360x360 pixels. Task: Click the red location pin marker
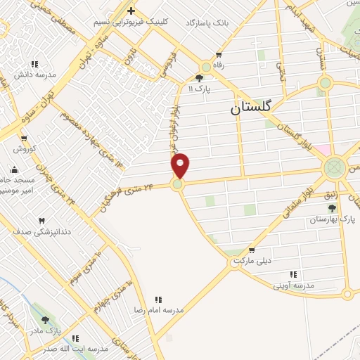point(181,165)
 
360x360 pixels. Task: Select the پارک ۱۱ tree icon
point(200,78)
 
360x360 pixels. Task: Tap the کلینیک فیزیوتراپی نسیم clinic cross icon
point(131,11)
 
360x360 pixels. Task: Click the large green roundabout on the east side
point(334,167)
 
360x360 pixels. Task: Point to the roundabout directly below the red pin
point(177,184)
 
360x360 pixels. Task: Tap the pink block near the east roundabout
point(322,150)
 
